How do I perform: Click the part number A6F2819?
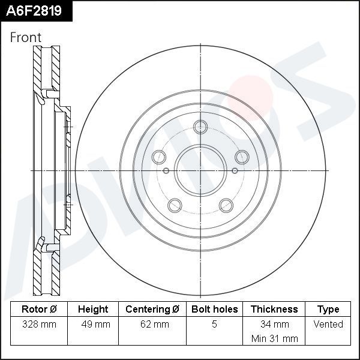point(35,10)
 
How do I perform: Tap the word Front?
point(26,37)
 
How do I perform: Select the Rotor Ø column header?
point(39,310)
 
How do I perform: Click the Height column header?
point(93,310)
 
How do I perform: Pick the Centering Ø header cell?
point(152,310)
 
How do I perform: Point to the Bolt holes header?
point(214,310)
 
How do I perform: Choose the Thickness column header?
point(274,310)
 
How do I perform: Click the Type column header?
point(328,310)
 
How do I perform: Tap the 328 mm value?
point(39,325)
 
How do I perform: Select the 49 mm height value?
point(93,325)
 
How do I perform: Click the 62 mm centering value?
point(152,325)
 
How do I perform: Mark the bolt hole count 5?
point(214,325)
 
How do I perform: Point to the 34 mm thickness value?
point(274,325)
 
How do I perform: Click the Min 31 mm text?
point(274,338)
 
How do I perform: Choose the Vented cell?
point(328,325)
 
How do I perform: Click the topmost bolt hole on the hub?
point(200,126)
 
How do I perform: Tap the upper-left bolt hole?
point(159,157)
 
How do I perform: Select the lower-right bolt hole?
point(226,205)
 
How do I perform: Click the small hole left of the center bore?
point(166,170)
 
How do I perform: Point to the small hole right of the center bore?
point(235,170)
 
